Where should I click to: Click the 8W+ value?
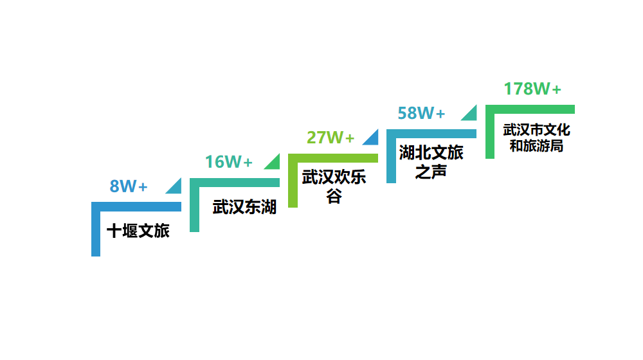(129, 186)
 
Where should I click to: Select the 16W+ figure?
(229, 162)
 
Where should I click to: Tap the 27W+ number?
(331, 138)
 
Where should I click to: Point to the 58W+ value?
(421, 113)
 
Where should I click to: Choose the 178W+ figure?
(532, 89)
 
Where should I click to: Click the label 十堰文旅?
(138, 231)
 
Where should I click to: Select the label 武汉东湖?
(244, 207)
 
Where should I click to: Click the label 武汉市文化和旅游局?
(536, 138)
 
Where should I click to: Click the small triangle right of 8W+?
(176, 187)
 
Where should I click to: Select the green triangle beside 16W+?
(274, 163)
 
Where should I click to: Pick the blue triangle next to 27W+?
(372, 138)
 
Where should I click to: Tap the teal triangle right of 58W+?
(471, 114)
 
